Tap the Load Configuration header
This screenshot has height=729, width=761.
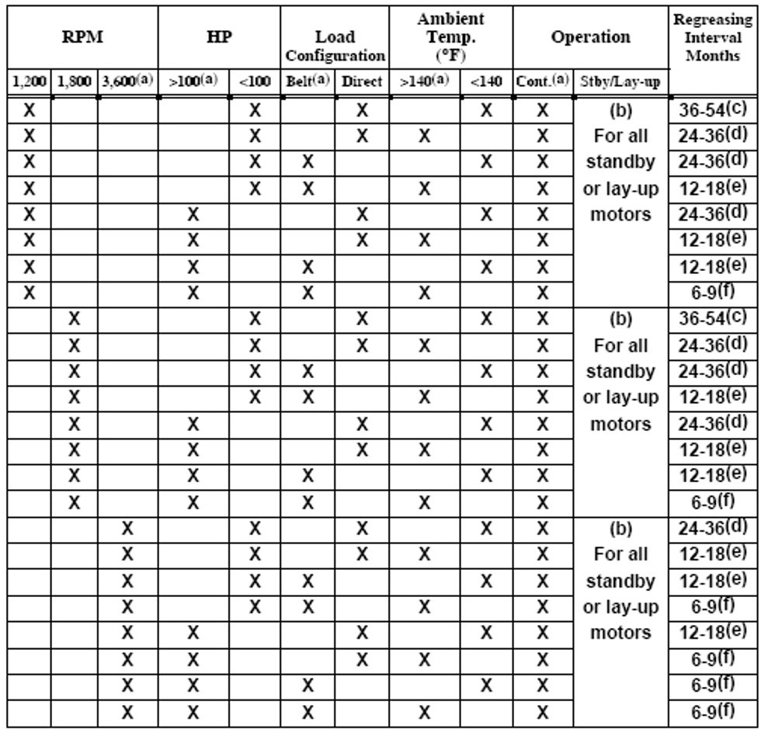[334, 46]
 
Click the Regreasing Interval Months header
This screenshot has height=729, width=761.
[713, 36]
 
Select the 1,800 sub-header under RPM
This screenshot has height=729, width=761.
[74, 82]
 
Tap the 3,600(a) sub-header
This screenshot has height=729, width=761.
[127, 82]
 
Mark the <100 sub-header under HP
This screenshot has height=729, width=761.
[255, 82]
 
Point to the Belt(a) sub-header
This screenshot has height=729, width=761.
[307, 82]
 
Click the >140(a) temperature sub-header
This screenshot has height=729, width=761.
[424, 82]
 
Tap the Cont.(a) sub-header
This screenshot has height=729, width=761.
[542, 82]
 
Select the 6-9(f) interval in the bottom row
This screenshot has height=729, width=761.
[712, 711]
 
